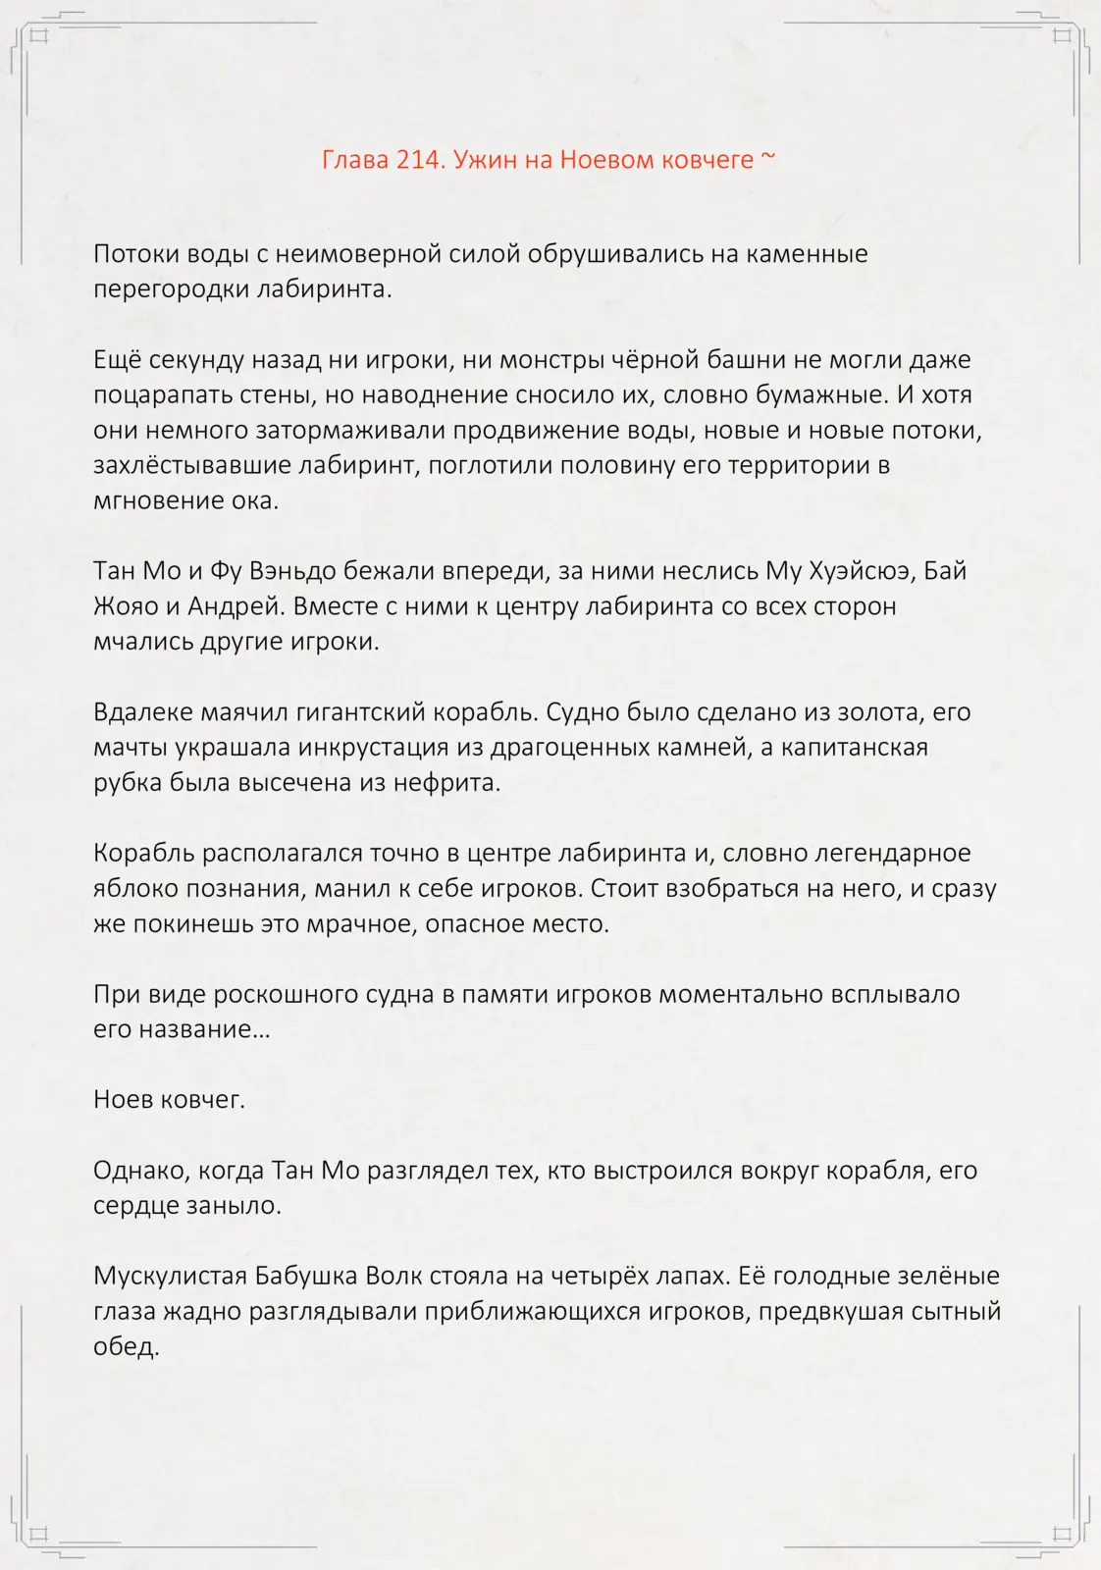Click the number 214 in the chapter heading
point(418,160)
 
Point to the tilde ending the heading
point(768,157)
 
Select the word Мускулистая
point(170,1277)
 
